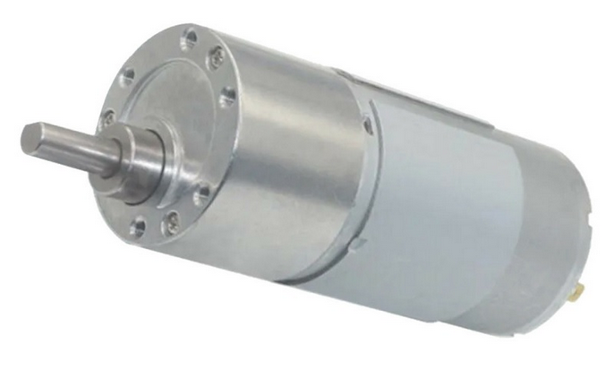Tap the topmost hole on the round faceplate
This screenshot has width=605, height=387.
coord(189,39)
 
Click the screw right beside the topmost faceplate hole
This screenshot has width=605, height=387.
coord(216,59)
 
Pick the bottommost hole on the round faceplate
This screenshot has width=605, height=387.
coord(138,227)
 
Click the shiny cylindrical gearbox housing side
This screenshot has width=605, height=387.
coord(286,161)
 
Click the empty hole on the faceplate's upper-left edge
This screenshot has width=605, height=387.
coord(128,76)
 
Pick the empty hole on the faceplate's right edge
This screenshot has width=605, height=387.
coord(228,94)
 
